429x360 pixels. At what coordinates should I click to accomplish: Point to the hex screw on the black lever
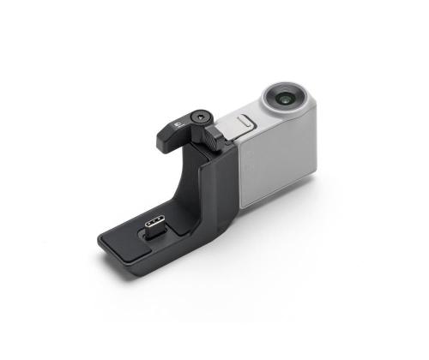(199, 114)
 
